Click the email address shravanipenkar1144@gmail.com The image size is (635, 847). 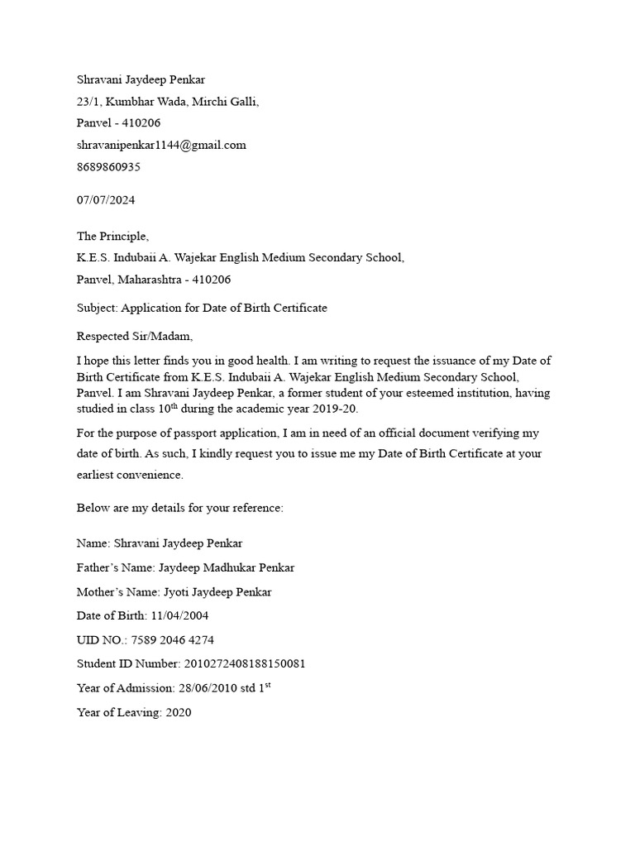pos(161,145)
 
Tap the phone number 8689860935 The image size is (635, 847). pos(108,166)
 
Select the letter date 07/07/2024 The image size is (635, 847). pos(106,200)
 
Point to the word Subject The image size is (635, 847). pos(97,308)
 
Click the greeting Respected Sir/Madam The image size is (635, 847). pos(134,336)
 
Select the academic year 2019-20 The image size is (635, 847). pos(338,409)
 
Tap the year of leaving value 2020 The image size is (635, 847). pos(178,712)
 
